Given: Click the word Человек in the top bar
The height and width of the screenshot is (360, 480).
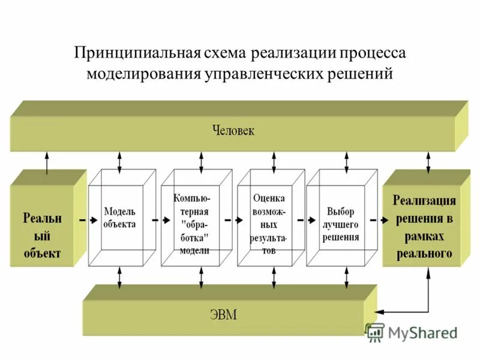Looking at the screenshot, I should (x=233, y=130).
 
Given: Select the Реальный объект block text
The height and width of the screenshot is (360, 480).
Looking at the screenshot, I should (x=42, y=234).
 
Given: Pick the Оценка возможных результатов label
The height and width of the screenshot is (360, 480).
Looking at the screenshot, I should (x=269, y=224).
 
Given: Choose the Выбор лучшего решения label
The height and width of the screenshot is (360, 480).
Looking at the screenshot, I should (x=341, y=224).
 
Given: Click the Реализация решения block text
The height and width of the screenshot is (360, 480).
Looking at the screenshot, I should (x=424, y=227).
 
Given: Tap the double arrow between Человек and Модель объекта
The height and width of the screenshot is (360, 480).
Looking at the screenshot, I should (x=120, y=161).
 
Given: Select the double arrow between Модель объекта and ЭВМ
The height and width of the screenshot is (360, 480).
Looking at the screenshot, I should (x=120, y=276).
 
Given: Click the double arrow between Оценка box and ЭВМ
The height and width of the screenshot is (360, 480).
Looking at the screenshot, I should (x=273, y=276).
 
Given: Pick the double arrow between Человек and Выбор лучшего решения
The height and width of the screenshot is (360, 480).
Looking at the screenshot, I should (x=346, y=161).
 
